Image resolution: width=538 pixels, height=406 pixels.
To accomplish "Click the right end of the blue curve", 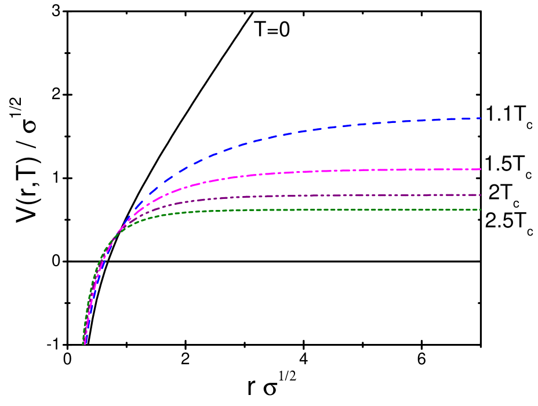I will coord(480,118).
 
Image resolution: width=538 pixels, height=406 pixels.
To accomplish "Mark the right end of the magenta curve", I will coord(480,169).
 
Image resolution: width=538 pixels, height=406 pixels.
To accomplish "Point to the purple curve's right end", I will coord(480,195).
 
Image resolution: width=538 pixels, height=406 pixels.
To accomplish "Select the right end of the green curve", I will coord(480,209).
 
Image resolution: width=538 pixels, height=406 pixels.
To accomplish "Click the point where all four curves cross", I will coord(116,233).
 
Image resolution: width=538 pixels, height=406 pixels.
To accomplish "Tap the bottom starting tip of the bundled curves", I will coord(85,343).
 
